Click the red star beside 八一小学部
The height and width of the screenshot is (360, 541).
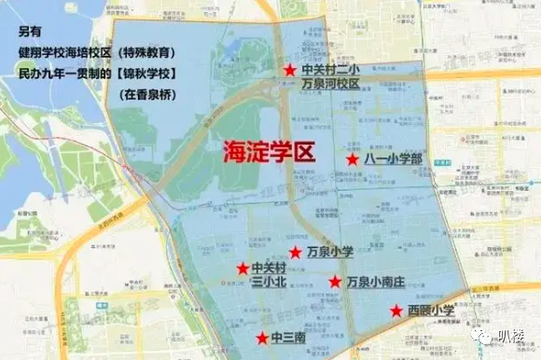tap(353, 160)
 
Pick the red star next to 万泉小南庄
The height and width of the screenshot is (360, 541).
tap(334, 281)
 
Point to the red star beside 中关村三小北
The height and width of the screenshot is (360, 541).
tap(240, 269)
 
